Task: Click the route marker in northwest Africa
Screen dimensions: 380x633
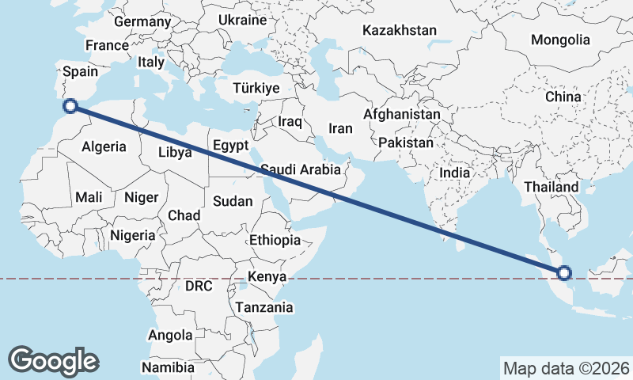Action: point(70,105)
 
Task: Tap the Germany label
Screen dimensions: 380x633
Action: point(142,21)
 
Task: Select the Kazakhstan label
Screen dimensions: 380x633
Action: point(400,30)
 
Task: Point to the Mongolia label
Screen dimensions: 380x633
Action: point(560,40)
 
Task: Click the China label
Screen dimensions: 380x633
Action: point(563,97)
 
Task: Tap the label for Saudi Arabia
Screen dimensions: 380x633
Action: point(301,169)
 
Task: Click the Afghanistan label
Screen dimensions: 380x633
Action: point(401,115)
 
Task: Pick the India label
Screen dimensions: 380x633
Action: point(455,173)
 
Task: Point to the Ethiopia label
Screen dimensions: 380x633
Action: point(275,240)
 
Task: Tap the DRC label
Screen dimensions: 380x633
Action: point(198,286)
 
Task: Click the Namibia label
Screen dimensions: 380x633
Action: point(168,367)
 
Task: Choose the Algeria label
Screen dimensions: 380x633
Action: point(104,146)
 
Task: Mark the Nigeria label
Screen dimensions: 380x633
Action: point(131,235)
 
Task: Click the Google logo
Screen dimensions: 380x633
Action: point(53,361)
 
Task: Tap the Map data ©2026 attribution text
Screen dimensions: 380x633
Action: point(566,368)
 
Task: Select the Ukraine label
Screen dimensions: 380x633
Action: point(242,19)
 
